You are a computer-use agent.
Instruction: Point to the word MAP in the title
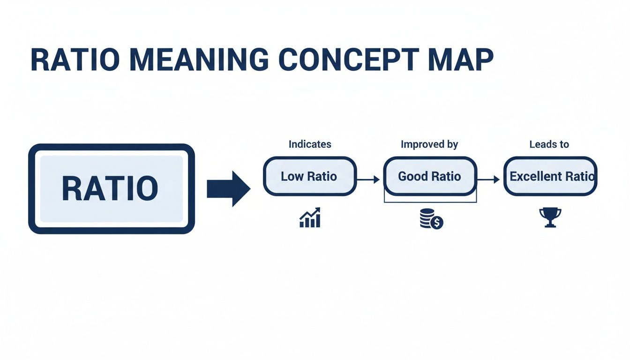pos(459,60)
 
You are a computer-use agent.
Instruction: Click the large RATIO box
pos(111,188)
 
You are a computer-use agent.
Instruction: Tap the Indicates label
pos(309,144)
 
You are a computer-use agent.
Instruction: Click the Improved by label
pos(429,144)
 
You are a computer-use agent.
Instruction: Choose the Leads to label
pos(549,144)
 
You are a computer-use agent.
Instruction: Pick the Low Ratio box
pos(309,176)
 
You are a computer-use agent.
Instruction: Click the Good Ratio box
pos(429,176)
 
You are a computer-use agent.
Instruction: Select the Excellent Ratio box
pos(550,176)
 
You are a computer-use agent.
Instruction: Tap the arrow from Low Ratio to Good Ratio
pos(368,180)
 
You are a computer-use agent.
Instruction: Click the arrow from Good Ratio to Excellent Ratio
pos(488,180)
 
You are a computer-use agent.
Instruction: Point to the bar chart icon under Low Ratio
pos(310,217)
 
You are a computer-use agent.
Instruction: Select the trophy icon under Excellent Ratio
pos(550,217)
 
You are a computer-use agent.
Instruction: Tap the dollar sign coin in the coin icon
pos(437,223)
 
